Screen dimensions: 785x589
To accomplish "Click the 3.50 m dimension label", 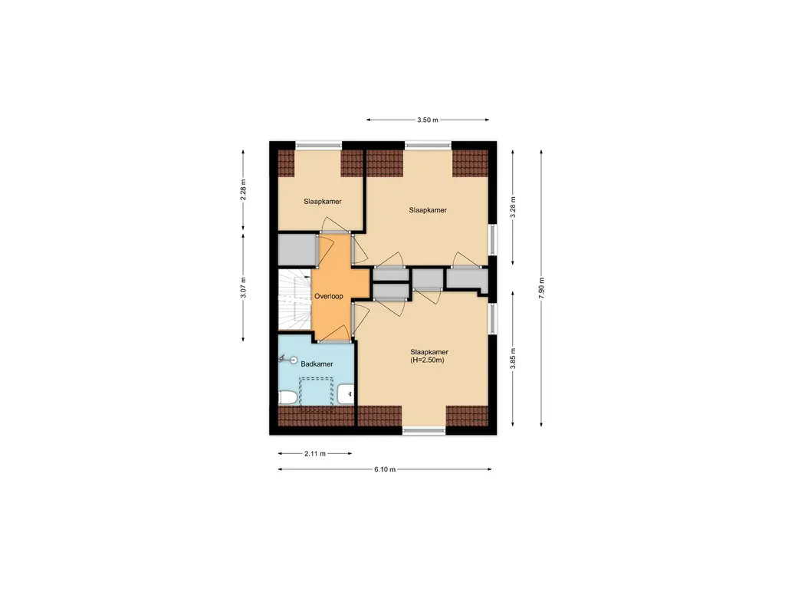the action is [x=427, y=120].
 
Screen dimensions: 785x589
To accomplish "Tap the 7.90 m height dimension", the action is [x=541, y=288].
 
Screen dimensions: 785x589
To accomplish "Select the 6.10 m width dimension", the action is [x=385, y=469].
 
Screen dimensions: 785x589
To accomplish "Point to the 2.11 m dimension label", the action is [x=315, y=454].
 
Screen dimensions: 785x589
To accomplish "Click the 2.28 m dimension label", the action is [x=243, y=190].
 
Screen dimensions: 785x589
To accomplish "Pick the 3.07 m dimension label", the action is [x=243, y=288].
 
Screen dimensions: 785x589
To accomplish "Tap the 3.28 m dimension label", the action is [x=513, y=207].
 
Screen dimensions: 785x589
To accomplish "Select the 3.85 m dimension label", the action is [x=513, y=359].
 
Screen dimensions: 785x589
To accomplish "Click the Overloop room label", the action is [x=328, y=296].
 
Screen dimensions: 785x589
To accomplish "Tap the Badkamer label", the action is [x=317, y=364].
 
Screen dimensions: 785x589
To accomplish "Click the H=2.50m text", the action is [x=427, y=360].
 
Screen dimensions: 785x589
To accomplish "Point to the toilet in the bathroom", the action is [x=287, y=398].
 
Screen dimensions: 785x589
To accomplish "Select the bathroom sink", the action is [x=346, y=394].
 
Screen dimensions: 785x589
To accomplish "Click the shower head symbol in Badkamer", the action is [x=288, y=359].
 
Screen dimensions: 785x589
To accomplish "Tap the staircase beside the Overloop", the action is [x=295, y=300].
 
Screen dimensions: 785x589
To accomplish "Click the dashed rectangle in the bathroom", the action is [x=316, y=394].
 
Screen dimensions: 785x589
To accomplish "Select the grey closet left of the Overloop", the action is [x=297, y=249].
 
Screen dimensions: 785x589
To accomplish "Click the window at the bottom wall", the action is [x=423, y=429].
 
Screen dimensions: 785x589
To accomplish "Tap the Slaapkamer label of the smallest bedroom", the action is [x=323, y=202].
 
